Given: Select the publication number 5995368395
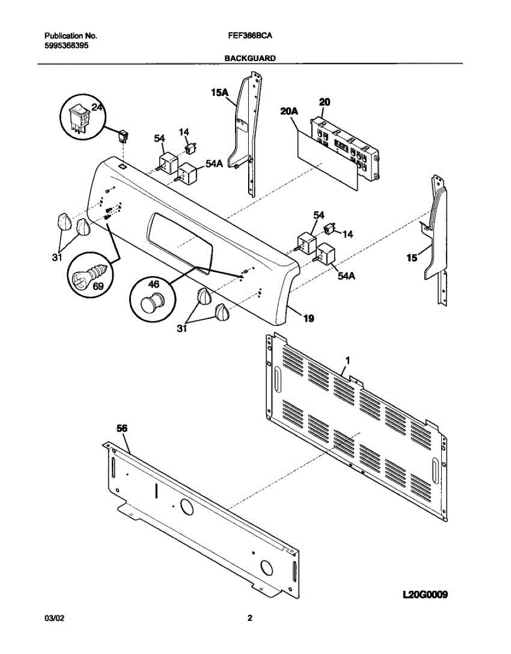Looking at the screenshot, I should [x=67, y=46].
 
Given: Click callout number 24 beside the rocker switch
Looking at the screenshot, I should [x=97, y=108].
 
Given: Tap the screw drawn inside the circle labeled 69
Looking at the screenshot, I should [x=87, y=275].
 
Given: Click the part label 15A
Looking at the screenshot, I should [x=219, y=93].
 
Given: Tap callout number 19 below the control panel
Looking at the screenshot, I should [x=308, y=319].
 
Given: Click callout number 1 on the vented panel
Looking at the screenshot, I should [x=347, y=361].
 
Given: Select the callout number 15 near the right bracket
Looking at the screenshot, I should [x=412, y=257].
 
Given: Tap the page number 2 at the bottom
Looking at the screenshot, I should [x=250, y=619].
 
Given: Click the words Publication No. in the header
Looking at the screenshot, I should [x=70, y=36].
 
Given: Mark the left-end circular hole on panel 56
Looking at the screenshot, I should [x=186, y=508].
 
